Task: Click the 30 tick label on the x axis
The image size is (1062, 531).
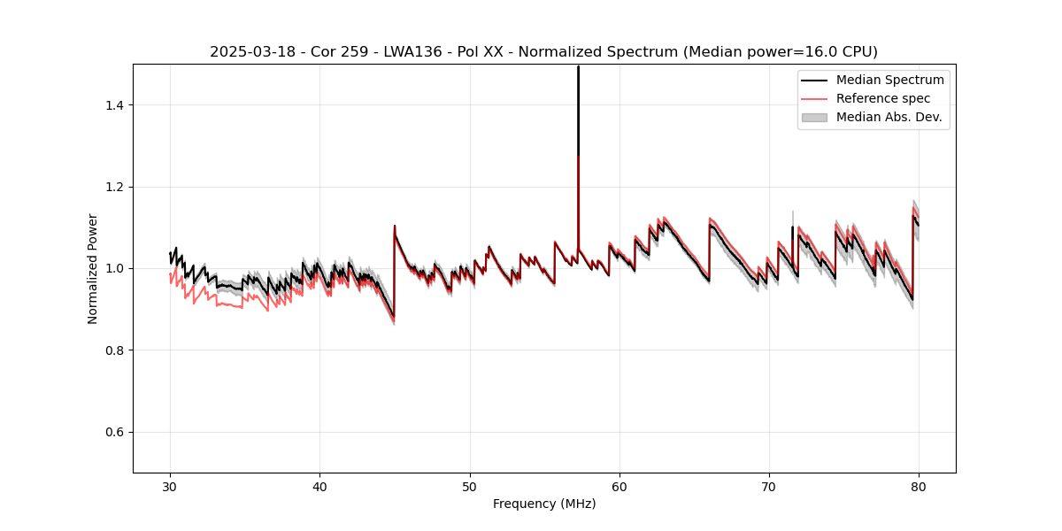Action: [170, 487]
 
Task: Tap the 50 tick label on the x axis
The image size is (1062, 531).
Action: [469, 487]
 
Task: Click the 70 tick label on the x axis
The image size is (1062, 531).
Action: [769, 487]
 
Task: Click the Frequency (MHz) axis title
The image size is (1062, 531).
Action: [544, 504]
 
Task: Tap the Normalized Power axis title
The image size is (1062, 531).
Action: [93, 268]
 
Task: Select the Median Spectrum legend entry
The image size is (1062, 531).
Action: [889, 80]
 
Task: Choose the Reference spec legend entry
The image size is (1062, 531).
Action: [882, 98]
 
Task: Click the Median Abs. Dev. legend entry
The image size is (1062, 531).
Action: [889, 117]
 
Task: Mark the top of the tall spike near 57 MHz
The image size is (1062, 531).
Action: [578, 66]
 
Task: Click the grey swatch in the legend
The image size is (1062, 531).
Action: [814, 117]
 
